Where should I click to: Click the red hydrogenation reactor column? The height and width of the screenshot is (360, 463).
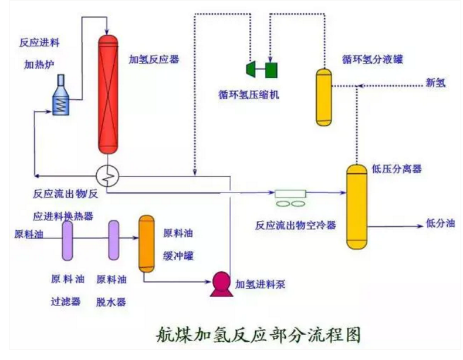[107, 93]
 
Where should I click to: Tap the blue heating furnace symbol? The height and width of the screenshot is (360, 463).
[61, 95]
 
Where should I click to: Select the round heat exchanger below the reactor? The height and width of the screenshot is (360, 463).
[107, 172]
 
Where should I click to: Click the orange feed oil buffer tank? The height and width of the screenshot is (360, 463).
[146, 243]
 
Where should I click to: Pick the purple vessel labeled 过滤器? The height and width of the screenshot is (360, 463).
[66, 240]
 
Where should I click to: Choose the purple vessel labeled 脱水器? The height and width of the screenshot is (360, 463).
[113, 240]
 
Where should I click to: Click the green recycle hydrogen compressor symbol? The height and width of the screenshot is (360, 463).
[261, 69]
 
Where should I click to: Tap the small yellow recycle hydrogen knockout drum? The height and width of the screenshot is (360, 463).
[324, 97]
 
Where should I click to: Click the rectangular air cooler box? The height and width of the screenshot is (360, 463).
[290, 193]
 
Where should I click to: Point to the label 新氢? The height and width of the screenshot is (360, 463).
[435, 83]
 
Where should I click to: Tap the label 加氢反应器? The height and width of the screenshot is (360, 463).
[154, 59]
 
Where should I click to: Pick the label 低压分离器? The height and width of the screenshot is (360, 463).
[397, 169]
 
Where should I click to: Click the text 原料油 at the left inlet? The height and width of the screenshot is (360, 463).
[29, 234]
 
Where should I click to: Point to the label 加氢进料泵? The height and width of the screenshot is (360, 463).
[260, 285]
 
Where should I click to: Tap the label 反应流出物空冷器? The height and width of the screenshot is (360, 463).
[295, 224]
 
